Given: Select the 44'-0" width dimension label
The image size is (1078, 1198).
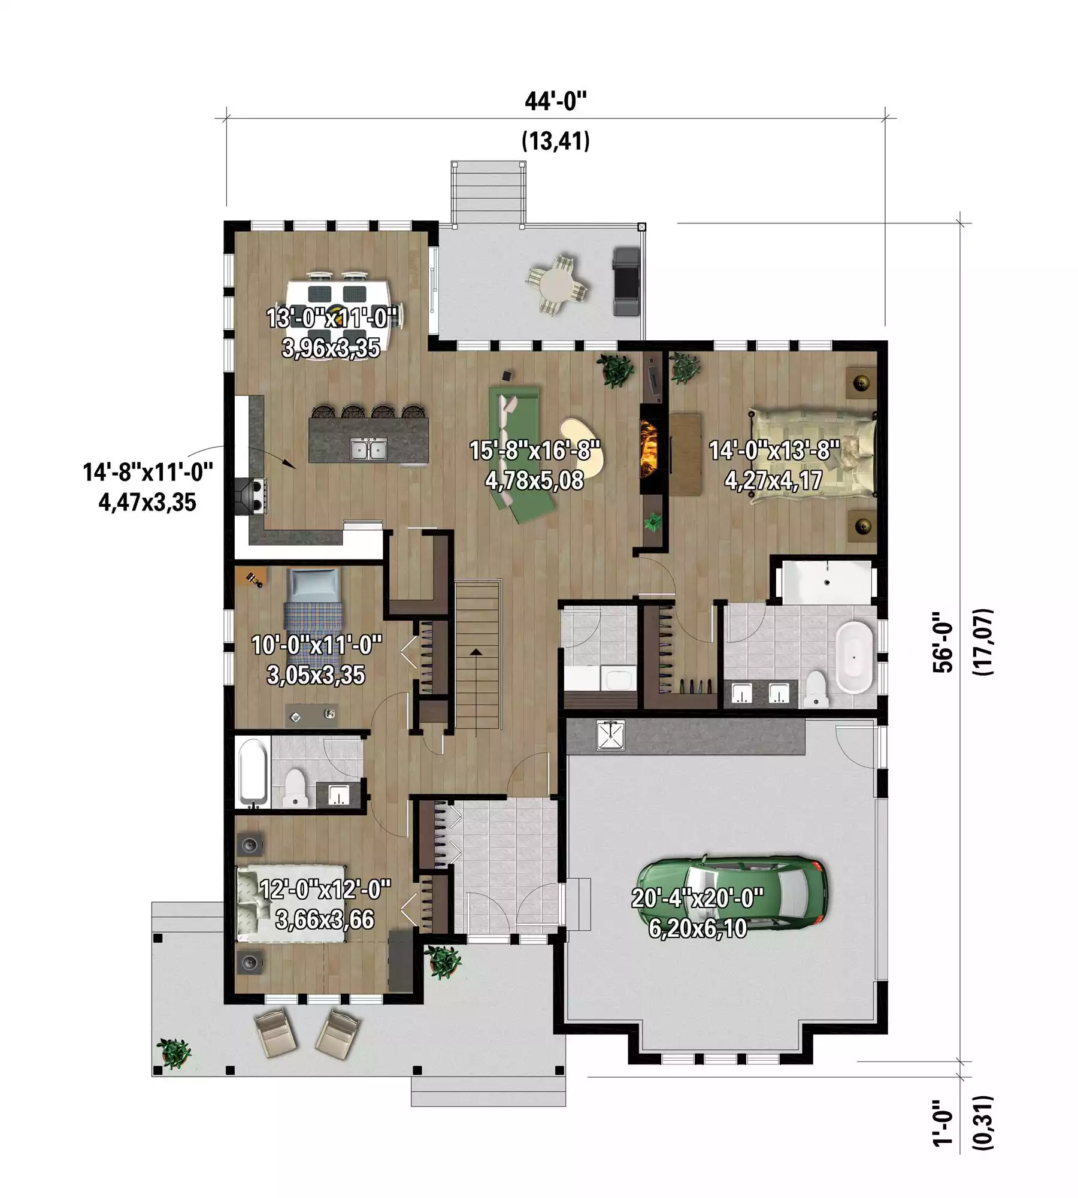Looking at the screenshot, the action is click(556, 101).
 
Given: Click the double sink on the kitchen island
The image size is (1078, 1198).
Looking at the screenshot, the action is click(369, 449).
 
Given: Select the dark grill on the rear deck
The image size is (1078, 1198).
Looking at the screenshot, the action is click(626, 282).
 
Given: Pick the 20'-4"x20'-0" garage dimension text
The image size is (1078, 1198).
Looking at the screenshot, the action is click(698, 899).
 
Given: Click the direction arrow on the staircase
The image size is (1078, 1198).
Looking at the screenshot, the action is click(476, 652).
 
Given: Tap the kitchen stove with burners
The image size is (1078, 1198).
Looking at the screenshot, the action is click(252, 497).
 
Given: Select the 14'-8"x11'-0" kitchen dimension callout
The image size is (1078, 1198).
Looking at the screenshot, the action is click(148, 487).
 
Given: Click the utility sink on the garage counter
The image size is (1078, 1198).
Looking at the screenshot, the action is click(610, 735).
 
